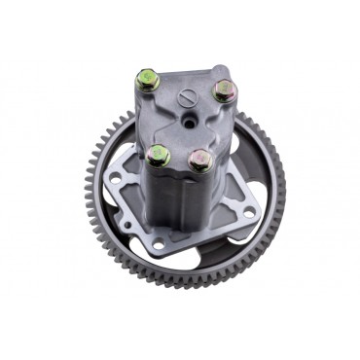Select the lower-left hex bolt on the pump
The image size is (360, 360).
[x=159, y=155]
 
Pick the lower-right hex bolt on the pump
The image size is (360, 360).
[x=200, y=160]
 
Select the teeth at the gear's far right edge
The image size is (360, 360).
[x=284, y=185]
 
